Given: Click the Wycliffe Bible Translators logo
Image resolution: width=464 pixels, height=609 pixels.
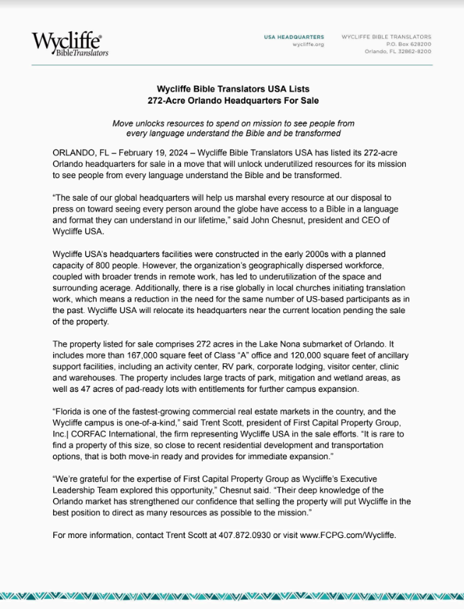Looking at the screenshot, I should point(70,44).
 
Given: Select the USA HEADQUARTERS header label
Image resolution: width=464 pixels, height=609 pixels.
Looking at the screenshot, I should point(294,36).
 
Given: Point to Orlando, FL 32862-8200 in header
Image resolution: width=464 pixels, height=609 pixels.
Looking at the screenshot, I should point(398,51).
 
